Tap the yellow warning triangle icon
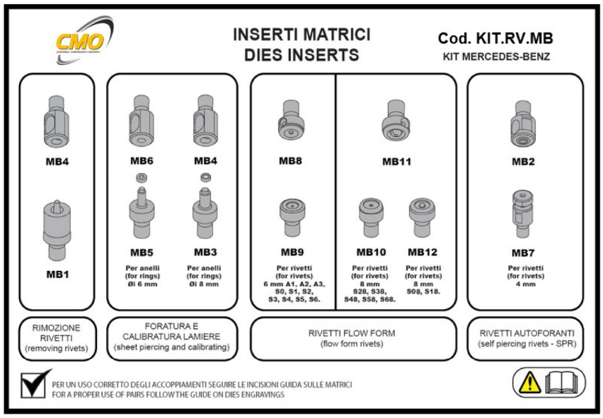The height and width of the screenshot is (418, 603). click(529, 383)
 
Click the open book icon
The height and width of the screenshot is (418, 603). click(562, 383)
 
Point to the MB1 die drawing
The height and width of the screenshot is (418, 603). click(57, 230)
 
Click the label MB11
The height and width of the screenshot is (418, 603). click(396, 162)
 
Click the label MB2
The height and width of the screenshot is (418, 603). click(523, 162)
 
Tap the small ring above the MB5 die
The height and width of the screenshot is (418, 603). click(142, 178)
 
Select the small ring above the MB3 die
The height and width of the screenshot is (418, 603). click(206, 178)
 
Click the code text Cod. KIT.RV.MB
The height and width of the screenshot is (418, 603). click(495, 38)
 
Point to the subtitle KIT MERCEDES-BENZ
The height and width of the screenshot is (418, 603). click(496, 57)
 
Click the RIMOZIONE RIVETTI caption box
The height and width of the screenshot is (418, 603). click(57, 339)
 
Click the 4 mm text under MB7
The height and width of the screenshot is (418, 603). click(526, 284)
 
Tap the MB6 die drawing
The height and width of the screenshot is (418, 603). click(141, 121)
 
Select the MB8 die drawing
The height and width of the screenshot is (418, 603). click(291, 121)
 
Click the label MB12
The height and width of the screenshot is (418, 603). click(423, 252)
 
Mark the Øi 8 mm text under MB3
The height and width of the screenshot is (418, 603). click(204, 284)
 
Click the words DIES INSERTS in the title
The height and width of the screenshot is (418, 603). click(302, 55)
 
